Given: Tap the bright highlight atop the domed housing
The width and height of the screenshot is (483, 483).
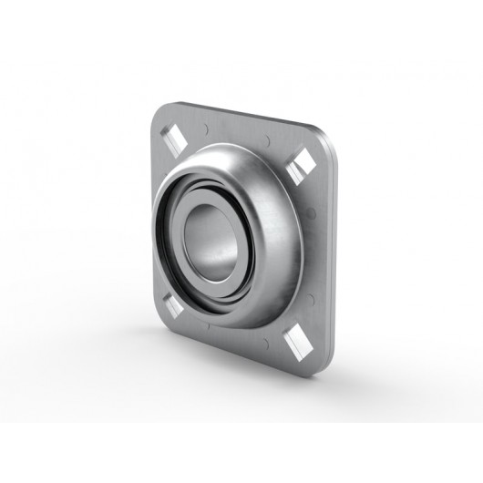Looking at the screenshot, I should click(228, 155).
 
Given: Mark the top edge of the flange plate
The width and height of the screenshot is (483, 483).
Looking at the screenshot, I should click(237, 113).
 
